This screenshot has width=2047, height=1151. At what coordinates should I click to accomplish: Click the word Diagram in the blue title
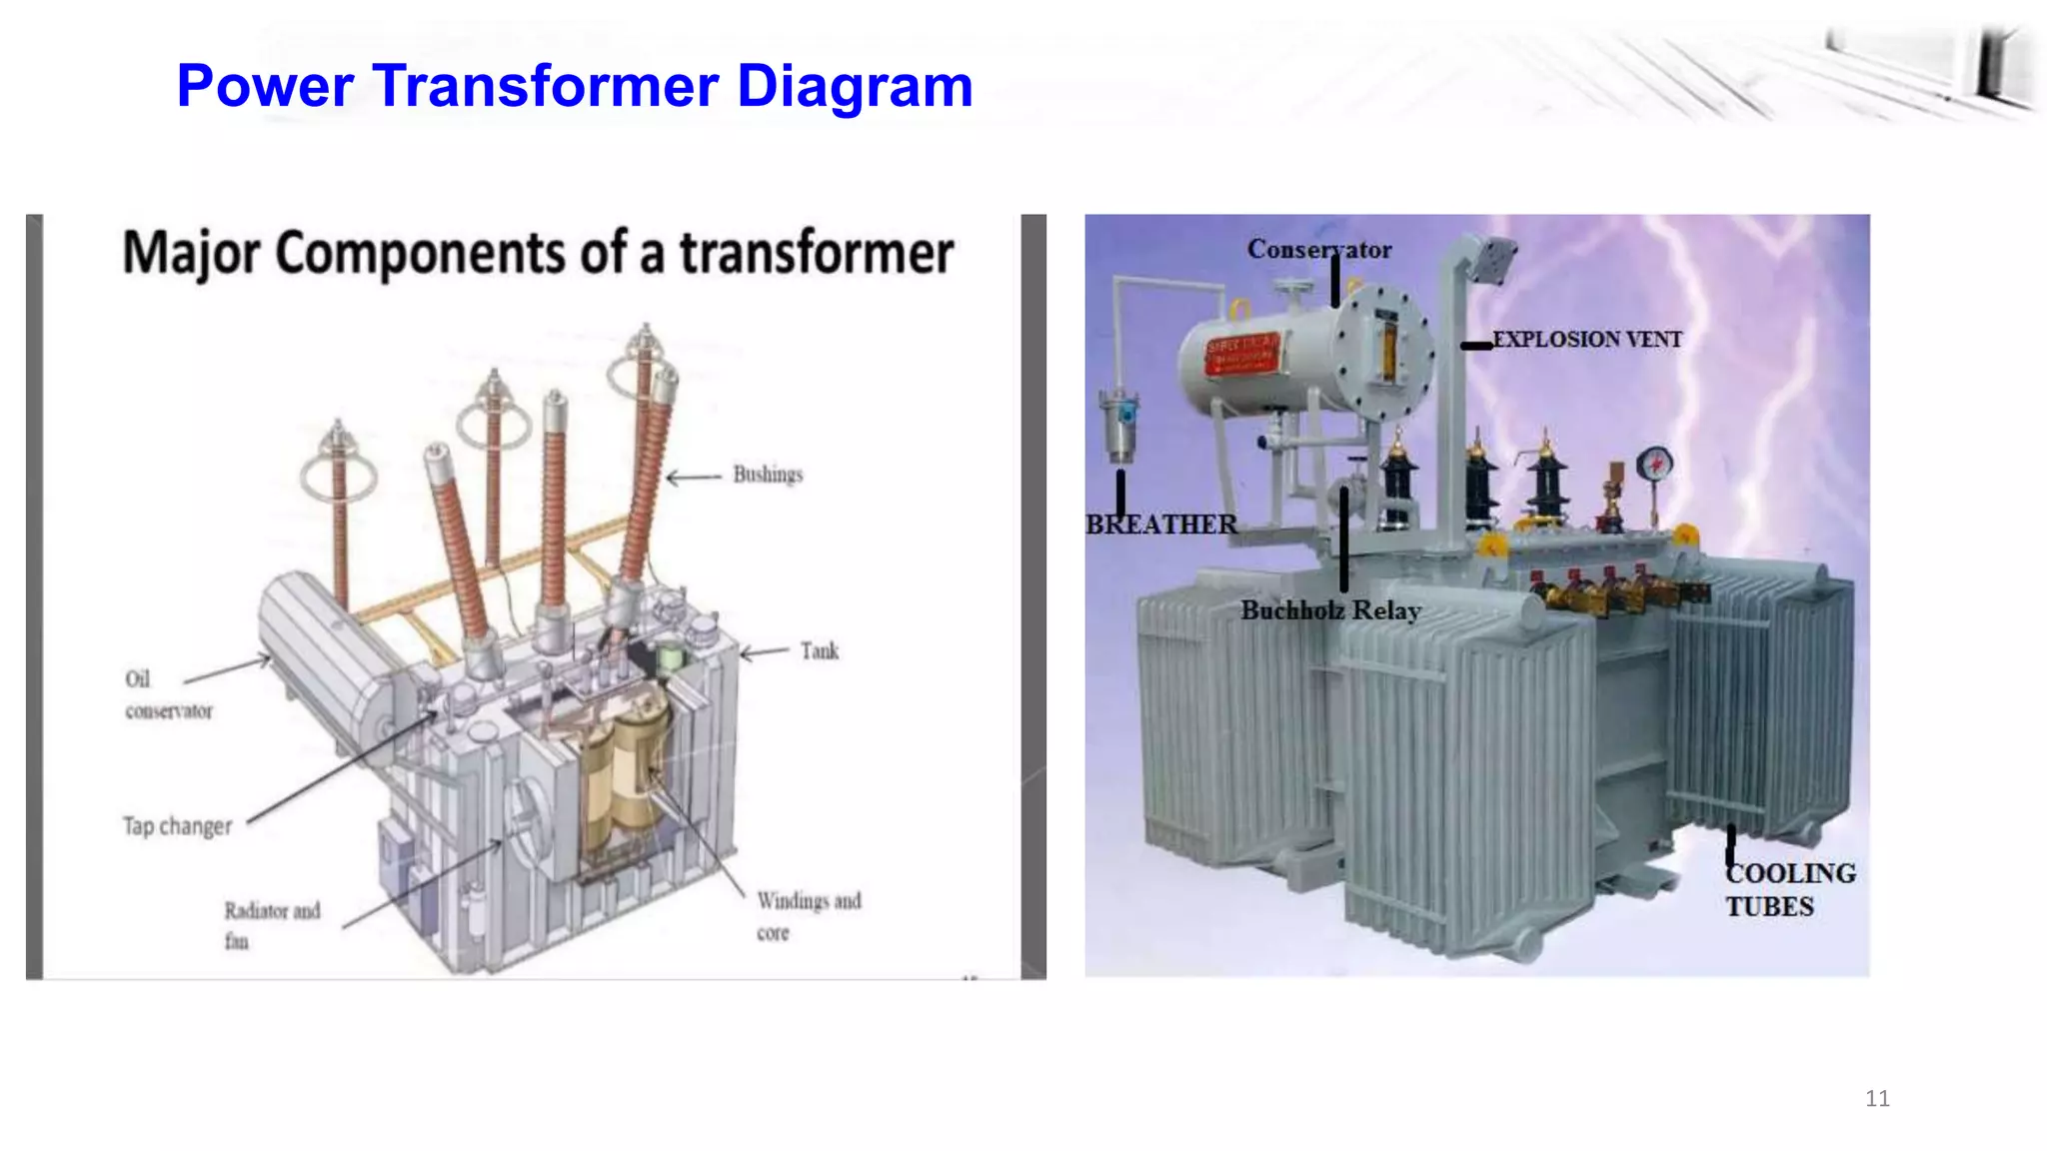(x=854, y=86)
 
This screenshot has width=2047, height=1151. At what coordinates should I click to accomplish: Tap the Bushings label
(x=768, y=475)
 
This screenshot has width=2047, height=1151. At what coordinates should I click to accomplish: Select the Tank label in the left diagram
(x=819, y=651)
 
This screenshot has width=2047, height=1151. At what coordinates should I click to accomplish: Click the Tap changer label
(x=178, y=826)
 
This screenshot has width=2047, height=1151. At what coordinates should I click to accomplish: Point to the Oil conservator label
(x=167, y=694)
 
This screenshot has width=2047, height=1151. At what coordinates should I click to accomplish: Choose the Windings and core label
(x=808, y=915)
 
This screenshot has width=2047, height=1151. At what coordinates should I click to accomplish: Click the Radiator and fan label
(x=271, y=924)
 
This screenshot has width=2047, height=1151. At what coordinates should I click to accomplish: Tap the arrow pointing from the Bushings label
(x=693, y=478)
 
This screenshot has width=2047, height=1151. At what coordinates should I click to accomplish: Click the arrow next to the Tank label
(x=765, y=653)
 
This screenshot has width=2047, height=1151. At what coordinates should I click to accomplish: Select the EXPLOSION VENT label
(x=1586, y=340)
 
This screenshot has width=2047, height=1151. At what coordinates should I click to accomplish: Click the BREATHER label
(x=1160, y=525)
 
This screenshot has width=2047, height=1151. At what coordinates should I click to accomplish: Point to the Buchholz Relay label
(x=1330, y=610)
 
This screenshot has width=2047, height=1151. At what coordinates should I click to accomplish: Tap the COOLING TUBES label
(x=1789, y=889)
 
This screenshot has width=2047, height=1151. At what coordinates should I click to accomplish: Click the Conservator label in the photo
(x=1318, y=250)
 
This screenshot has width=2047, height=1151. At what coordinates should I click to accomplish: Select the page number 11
(x=1877, y=1099)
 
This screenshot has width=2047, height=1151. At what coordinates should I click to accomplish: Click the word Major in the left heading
(x=191, y=253)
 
